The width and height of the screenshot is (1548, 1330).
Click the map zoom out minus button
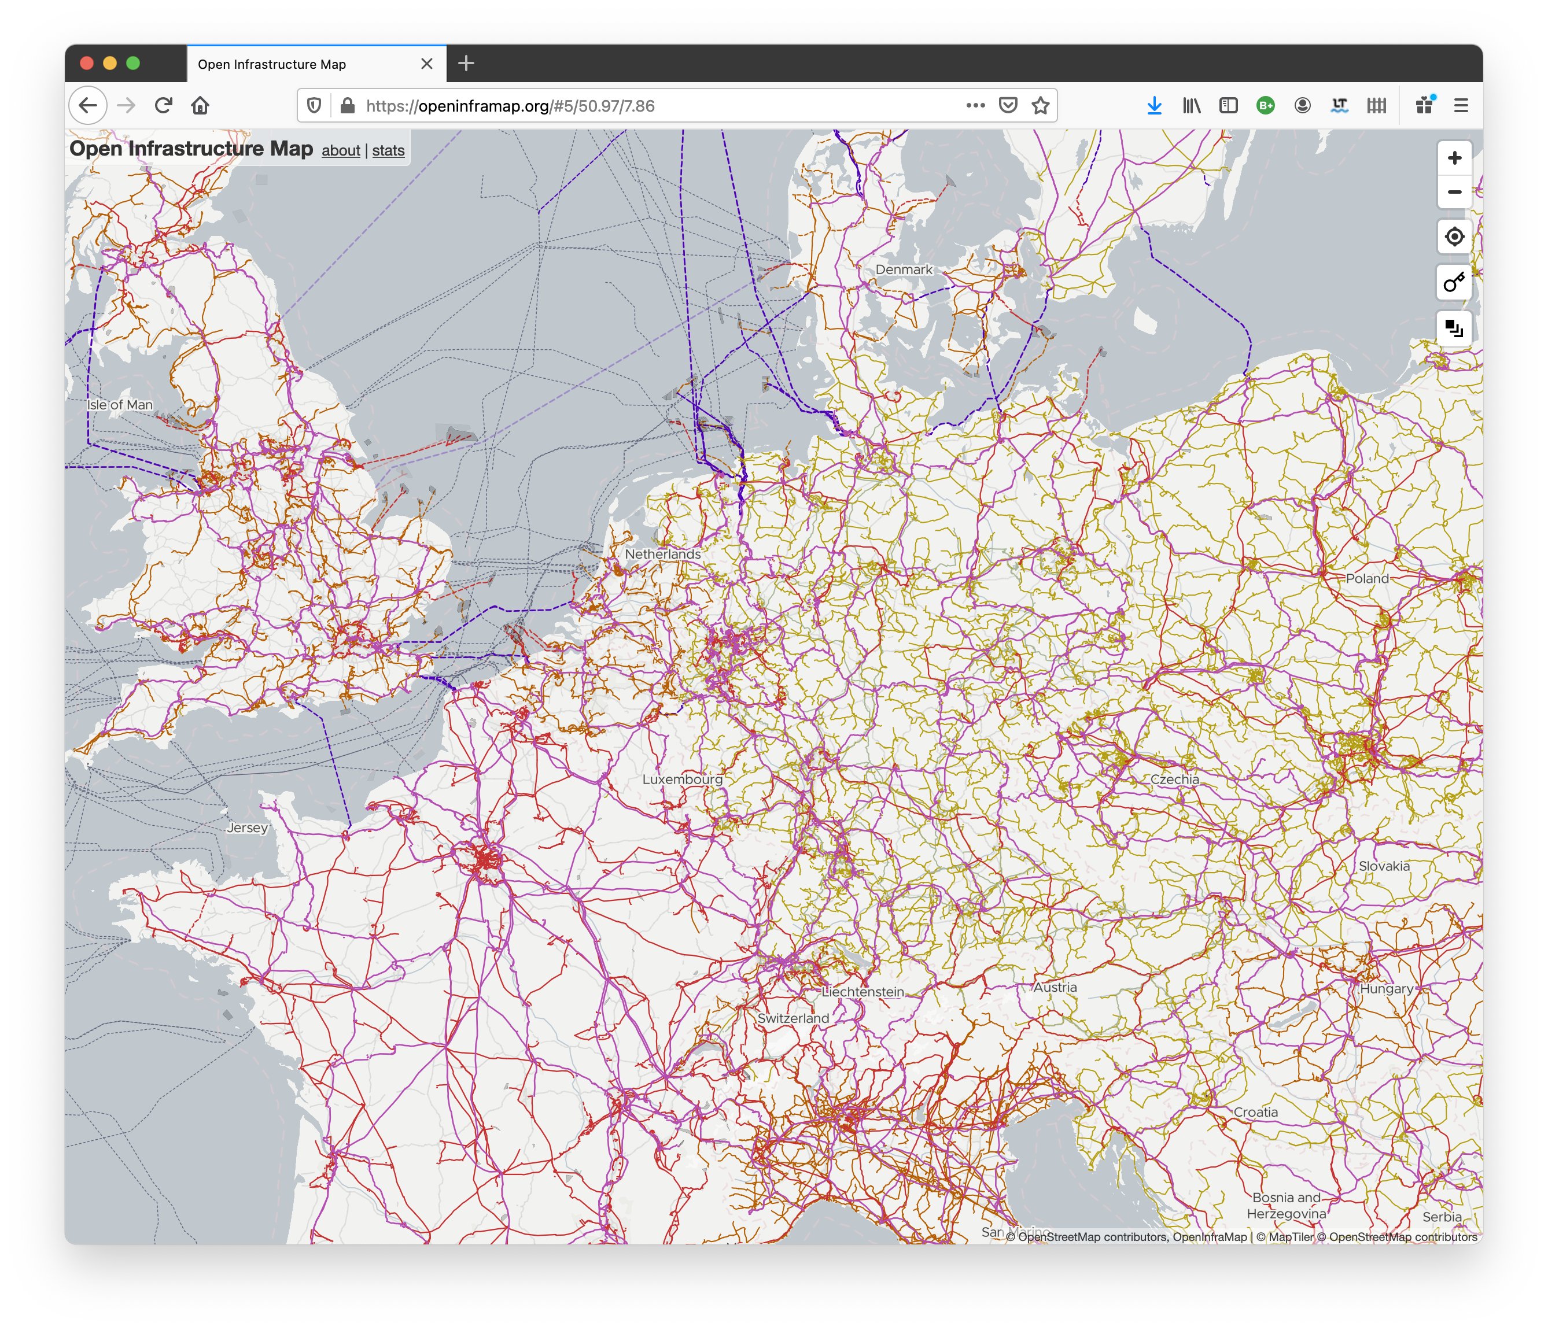tap(1454, 192)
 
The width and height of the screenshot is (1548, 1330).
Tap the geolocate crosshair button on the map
tap(1454, 237)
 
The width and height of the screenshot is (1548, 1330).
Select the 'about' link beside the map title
tap(341, 150)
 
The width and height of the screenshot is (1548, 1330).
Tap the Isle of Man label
tap(120, 405)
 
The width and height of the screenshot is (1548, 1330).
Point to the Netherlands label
tap(663, 554)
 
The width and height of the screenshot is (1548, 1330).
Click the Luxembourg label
tap(682, 779)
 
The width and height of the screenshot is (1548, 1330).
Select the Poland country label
tap(1366, 578)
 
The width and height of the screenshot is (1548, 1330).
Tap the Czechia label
tap(1174, 779)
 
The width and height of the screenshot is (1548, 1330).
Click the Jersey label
tap(247, 827)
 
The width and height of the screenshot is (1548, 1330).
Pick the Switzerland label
tap(793, 1018)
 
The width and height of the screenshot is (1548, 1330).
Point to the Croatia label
tap(1255, 1112)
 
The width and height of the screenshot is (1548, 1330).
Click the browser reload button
tap(164, 105)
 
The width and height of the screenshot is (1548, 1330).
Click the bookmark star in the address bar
tap(1040, 105)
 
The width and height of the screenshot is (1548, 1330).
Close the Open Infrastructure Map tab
tap(426, 64)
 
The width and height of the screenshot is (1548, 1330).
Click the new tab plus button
tap(466, 64)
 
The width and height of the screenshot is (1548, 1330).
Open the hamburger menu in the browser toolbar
tap(1461, 105)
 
